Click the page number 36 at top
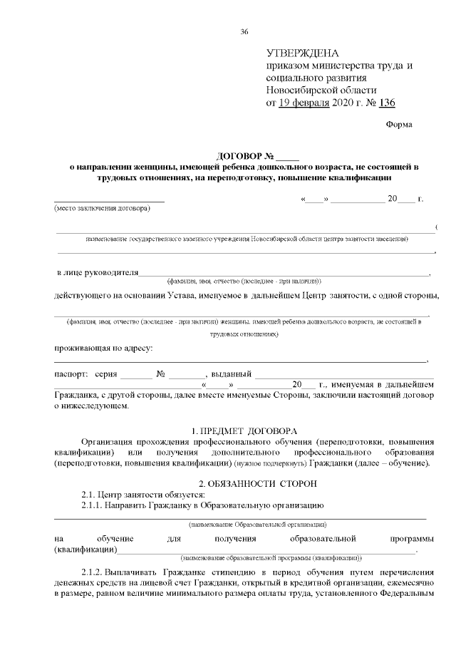pos(244,31)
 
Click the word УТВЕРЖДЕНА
pos(303,53)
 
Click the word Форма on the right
pos(398,124)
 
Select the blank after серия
pos(135,374)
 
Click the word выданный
pos(230,373)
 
